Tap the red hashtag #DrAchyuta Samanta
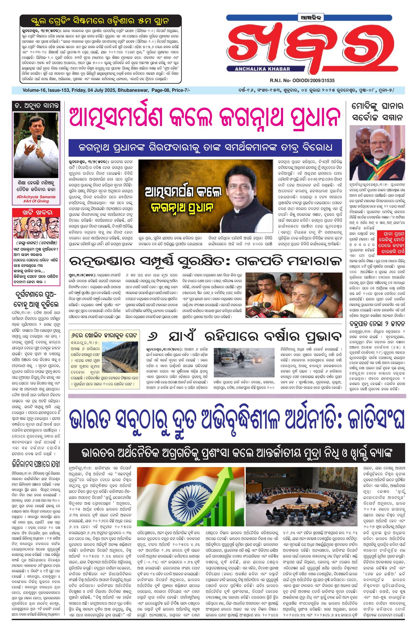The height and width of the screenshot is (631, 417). tap(36, 197)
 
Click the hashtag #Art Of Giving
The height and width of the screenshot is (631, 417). tap(36, 201)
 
